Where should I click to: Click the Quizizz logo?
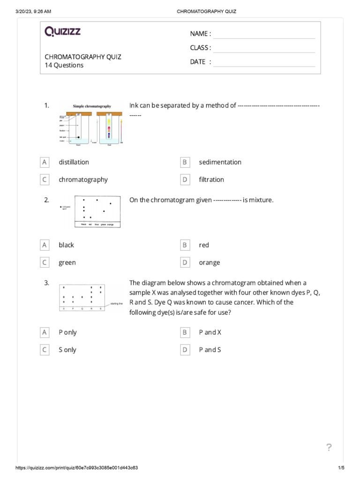tap(62, 32)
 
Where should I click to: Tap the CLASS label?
tap(200, 48)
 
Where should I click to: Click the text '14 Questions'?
tap(64, 66)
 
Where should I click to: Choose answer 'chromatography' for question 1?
tap(83, 180)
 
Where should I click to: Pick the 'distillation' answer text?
tap(74, 162)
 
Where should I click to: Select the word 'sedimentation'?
tap(220, 162)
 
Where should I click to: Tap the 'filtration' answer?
tap(211, 180)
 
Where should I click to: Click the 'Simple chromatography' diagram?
tap(92, 123)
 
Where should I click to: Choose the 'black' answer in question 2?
tap(66, 245)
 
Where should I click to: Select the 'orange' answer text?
tap(209, 262)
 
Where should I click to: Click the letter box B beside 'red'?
tap(185, 245)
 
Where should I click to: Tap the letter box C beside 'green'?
tap(45, 262)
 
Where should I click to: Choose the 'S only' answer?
tap(67, 350)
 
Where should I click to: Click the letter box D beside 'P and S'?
tap(185, 350)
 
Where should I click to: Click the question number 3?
tap(46, 283)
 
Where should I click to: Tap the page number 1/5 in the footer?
tap(341, 468)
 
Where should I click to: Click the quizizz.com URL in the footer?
tap(77, 468)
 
